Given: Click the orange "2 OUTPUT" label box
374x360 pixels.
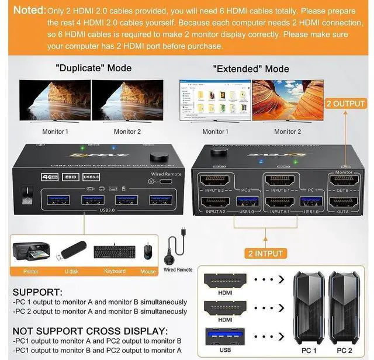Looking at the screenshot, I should pyautogui.click(x=345, y=103).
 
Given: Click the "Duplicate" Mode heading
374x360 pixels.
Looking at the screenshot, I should pyautogui.click(x=93, y=68).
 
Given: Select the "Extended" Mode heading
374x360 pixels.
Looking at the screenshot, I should pyautogui.click(x=251, y=68).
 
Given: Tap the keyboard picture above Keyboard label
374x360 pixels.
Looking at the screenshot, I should pyautogui.click(x=115, y=251).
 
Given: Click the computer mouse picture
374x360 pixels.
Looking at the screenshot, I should pyautogui.click(x=148, y=251).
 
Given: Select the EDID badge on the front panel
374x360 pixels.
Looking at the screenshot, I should pyautogui.click(x=70, y=176).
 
